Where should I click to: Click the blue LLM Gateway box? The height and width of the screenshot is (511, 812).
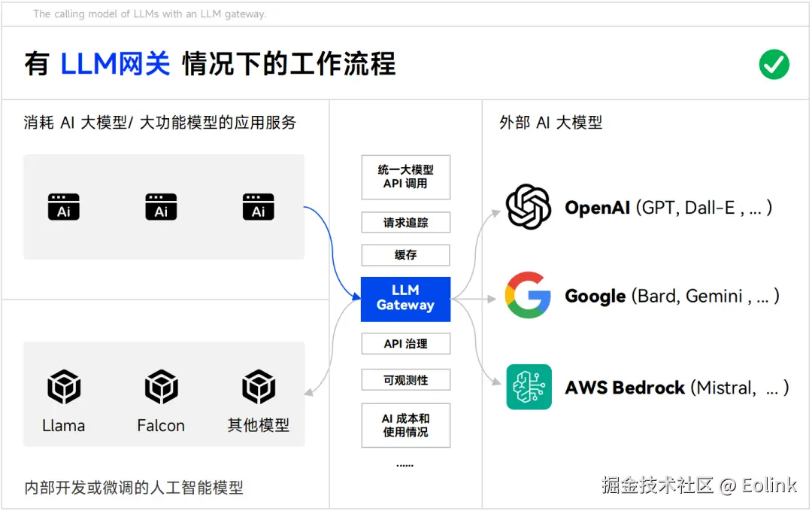[x=405, y=299]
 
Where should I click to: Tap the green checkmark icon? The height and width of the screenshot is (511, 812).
[x=774, y=64]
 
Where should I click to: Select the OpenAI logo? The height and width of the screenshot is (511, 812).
[x=529, y=207]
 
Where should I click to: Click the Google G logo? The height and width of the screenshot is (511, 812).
[x=528, y=296]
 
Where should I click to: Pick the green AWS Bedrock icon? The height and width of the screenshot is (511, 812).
[x=529, y=387]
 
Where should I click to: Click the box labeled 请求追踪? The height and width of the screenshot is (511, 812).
[x=405, y=223]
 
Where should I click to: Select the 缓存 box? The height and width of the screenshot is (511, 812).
[x=405, y=255]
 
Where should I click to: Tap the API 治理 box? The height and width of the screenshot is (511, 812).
[x=405, y=344]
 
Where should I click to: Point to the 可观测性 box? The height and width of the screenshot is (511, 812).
[x=405, y=380]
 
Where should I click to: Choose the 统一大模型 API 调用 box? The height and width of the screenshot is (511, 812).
[x=405, y=177]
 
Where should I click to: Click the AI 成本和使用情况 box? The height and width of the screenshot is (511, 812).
[x=405, y=425]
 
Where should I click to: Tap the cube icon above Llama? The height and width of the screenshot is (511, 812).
[x=64, y=387]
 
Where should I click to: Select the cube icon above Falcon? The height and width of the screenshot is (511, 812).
[x=161, y=387]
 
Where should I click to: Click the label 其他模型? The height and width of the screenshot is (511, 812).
[x=258, y=426]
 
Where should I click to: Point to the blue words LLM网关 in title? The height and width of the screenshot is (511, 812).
[x=115, y=64]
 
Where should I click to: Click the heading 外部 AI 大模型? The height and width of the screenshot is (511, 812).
[x=550, y=123]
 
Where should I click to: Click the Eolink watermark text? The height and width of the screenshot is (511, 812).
[x=768, y=485]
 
